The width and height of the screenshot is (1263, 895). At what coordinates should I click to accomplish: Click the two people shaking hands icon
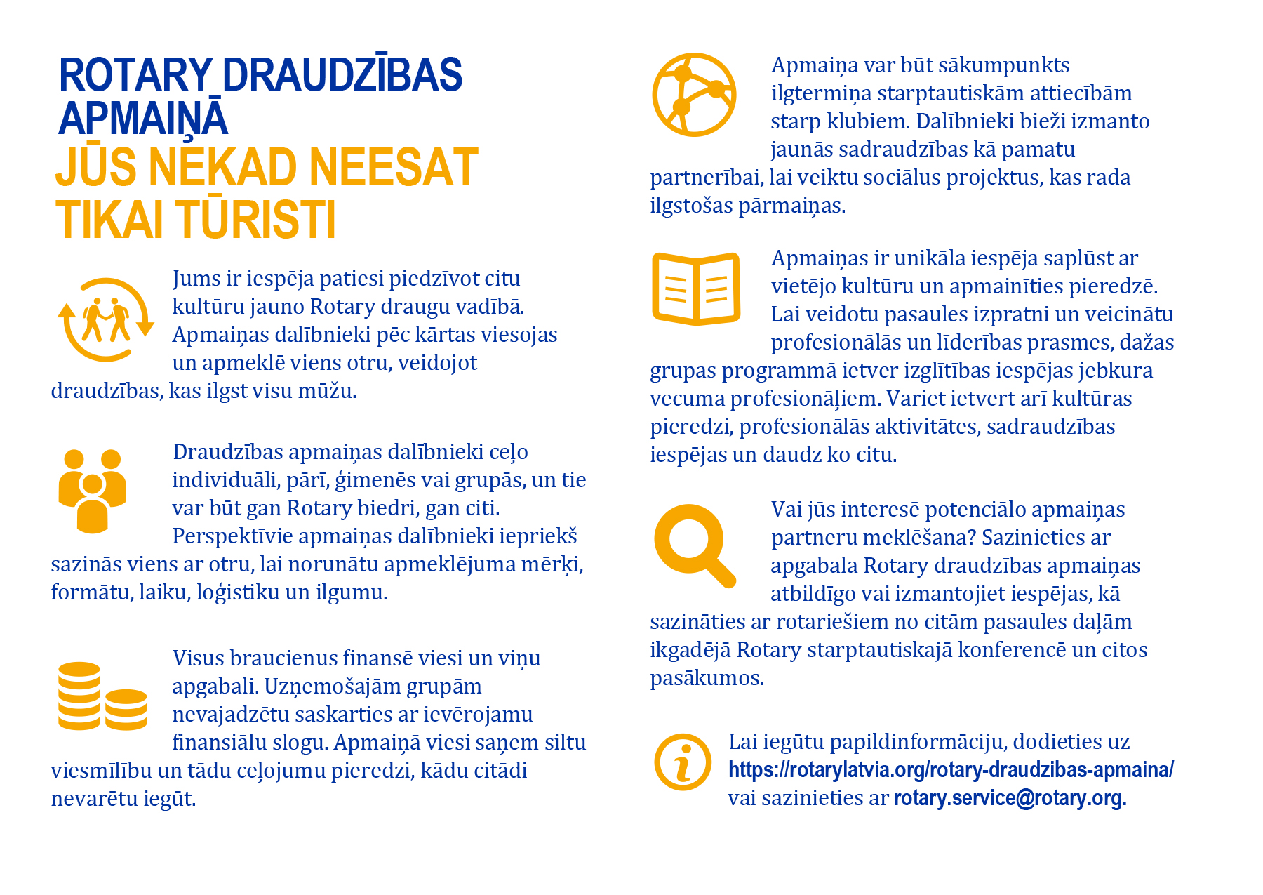coord(105,320)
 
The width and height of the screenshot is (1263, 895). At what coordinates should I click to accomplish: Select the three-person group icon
coord(92,489)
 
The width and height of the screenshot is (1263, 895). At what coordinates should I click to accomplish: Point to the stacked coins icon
coord(102,696)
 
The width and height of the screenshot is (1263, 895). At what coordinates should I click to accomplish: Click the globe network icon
coord(694,94)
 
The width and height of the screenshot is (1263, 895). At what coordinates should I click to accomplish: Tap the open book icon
coord(695,289)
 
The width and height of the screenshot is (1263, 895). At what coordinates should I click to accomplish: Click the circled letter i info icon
coord(683,762)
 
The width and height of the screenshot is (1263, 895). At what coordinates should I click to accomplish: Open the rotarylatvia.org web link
coord(951,770)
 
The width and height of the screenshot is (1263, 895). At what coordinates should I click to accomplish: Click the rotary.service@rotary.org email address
coord(1008,798)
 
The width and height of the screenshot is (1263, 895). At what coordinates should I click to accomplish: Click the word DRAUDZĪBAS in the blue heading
coord(342,75)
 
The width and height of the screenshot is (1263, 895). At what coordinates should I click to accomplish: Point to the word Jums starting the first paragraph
coord(196,279)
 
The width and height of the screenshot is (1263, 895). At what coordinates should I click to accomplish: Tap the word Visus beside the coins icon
coord(199,658)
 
